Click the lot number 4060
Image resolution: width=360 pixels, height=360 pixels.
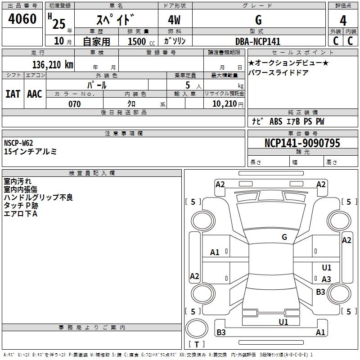click(22, 19)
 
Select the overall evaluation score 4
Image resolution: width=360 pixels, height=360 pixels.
click(343, 20)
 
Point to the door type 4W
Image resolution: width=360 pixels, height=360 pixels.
click(175, 20)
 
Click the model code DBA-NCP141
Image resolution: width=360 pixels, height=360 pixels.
click(258, 41)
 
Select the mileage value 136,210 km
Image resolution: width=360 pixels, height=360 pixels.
click(52, 64)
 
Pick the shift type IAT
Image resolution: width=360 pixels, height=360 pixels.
click(13, 94)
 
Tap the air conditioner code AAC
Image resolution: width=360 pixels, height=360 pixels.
click(35, 94)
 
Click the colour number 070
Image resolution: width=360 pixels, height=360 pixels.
click(74, 104)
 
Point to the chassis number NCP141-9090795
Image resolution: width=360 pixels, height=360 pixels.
click(302, 143)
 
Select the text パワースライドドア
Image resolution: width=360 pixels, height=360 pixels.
click(279, 72)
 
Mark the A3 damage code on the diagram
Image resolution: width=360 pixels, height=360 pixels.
click(326, 279)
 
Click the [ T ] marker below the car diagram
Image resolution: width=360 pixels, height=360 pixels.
click(197, 344)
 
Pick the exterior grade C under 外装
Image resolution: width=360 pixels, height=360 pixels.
click(335, 40)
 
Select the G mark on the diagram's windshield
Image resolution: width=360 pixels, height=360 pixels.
click(284, 237)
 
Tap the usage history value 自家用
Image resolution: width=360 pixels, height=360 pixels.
click(96, 41)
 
